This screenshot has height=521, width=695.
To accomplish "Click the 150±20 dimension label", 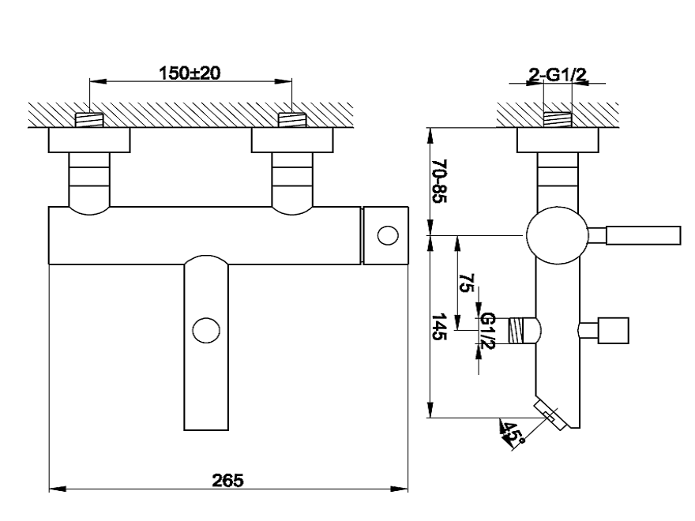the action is (190, 73).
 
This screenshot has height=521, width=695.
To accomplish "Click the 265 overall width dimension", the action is (227, 480).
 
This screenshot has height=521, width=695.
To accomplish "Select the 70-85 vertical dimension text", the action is (439, 181).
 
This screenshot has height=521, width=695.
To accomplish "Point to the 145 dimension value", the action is (439, 327).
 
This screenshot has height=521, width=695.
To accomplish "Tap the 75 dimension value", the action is (466, 283).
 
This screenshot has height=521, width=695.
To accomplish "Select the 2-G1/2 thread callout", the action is (558, 75).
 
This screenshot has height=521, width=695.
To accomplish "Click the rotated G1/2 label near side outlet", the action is (487, 330).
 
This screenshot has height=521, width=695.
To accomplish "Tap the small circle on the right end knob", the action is (388, 235).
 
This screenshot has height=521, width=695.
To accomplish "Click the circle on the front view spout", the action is (206, 330).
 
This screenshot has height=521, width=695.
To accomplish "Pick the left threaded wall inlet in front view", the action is (89, 120).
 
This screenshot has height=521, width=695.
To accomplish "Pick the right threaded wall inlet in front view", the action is (292, 120).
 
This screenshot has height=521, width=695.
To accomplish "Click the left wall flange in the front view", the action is (89, 140).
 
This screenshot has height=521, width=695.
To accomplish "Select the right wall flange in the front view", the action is (292, 140).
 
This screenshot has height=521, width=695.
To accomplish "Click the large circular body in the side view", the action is (557, 235).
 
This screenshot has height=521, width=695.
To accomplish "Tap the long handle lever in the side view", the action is (643, 235).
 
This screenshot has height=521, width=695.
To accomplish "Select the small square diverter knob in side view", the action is (613, 331).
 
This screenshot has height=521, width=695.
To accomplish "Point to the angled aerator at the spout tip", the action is (551, 415).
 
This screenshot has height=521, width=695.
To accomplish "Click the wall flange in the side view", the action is (558, 140).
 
